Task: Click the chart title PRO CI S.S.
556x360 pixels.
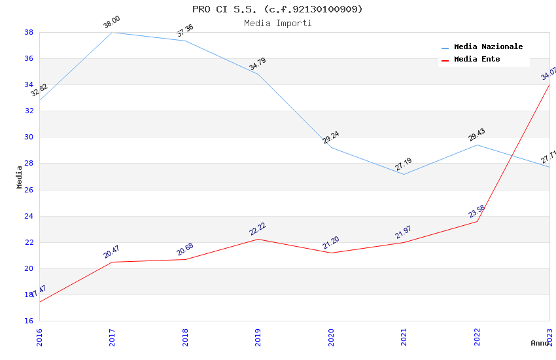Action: coord(277,9)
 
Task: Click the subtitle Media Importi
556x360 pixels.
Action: coord(277,24)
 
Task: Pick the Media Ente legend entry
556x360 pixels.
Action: coord(477,60)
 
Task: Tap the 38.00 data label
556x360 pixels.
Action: coord(112,23)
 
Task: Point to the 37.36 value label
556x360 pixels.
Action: coord(185,31)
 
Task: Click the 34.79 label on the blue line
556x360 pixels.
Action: coord(258,64)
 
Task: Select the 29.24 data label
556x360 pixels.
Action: coord(331,137)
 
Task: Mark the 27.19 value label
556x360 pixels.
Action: coord(404,165)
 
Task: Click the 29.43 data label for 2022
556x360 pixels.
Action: coord(477,135)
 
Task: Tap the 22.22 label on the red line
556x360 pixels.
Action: coord(258,229)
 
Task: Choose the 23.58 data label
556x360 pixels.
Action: coord(477,211)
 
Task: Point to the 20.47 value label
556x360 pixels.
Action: coord(112,252)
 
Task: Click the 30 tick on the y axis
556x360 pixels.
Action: coord(29,137)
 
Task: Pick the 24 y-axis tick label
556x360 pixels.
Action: coord(29,216)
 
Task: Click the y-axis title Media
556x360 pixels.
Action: coord(20,177)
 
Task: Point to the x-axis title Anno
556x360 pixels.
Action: coord(540,343)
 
